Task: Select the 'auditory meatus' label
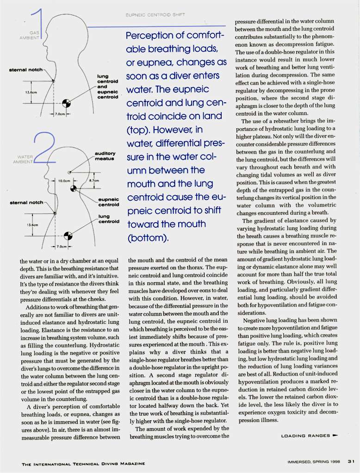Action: [105, 156]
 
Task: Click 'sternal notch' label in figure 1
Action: [25, 70]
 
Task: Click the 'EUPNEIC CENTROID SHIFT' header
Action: [155, 15]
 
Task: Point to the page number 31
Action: [351, 460]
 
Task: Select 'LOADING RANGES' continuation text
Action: [306, 436]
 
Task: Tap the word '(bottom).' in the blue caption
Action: [147, 239]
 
